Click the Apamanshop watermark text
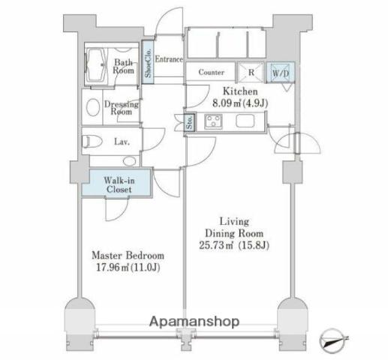(194, 322)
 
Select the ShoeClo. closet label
(148, 63)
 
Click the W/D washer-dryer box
(280, 72)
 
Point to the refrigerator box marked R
(251, 73)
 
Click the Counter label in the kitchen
(211, 72)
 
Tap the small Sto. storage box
(190, 122)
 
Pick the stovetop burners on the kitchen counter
(213, 121)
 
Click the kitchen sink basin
(245, 121)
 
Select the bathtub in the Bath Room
(96, 64)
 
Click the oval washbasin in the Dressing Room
(93, 107)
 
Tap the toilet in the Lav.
(91, 142)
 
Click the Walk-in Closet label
(119, 184)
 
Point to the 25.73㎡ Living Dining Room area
(234, 245)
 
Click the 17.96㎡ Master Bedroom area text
(128, 268)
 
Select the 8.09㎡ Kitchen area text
(240, 103)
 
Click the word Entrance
(169, 59)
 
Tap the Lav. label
(122, 142)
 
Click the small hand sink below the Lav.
(129, 161)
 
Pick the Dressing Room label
(122, 108)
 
